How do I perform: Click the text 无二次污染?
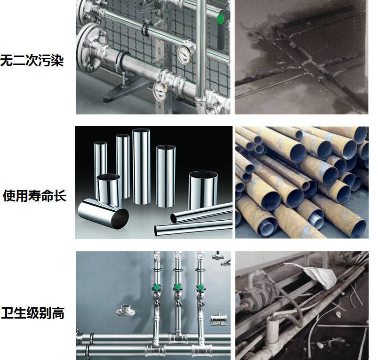click(32, 60)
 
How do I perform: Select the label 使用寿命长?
click(34, 195)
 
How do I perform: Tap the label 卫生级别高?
click(33, 313)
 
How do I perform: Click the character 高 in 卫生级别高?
click(58, 313)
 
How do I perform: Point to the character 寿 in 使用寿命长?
click(34, 195)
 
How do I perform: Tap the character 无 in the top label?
click(7, 60)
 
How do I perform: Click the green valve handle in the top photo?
click(221, 19)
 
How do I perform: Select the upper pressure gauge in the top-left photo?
click(185, 55)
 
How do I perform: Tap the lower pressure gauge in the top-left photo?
click(160, 91)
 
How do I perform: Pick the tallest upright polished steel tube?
click(141, 167)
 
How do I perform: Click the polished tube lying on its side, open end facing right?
click(103, 214)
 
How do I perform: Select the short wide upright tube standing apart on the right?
click(203, 190)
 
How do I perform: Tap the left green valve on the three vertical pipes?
click(157, 287)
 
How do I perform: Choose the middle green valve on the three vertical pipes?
click(177, 287)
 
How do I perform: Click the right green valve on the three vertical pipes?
click(200, 287)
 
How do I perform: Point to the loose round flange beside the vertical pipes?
click(125, 311)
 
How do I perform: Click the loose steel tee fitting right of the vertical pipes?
click(218, 319)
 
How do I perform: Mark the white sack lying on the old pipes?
click(316, 275)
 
